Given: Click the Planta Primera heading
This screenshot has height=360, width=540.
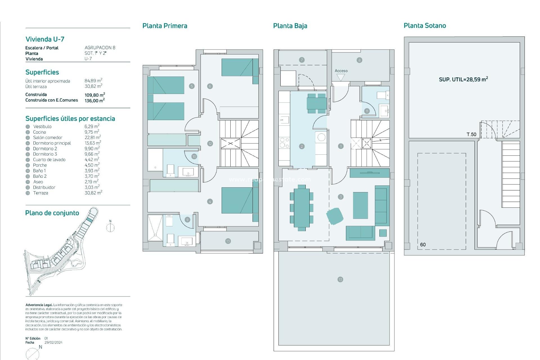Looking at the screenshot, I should [165, 26].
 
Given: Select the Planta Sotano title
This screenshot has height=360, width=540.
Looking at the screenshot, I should [425, 26].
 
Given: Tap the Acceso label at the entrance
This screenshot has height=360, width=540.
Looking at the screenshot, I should [341, 71].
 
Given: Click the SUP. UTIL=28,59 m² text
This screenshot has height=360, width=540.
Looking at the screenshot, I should [463, 79].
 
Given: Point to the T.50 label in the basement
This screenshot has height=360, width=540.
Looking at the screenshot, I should [471, 134].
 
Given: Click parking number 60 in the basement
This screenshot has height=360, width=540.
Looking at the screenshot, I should [423, 245].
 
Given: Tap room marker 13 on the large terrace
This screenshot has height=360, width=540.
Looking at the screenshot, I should [340, 279].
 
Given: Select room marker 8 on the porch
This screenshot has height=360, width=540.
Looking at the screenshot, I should [359, 60].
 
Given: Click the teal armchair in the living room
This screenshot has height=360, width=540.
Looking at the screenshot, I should [335, 216].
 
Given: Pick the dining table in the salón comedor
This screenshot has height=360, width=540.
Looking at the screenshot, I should [301, 208].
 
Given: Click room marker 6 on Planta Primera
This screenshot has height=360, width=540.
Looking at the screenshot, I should [210, 86].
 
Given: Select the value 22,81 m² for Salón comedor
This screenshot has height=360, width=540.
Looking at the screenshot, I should [93, 138].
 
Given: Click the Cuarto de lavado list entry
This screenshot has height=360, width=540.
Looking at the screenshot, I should [49, 160].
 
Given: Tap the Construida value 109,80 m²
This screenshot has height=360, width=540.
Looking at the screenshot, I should [94, 95].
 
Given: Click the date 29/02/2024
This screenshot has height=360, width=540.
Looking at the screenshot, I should [53, 343].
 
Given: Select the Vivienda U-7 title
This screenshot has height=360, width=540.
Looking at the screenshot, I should [45, 39].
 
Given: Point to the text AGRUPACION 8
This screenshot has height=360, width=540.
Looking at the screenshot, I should [100, 48].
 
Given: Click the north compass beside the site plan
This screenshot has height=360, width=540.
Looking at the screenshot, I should [110, 227].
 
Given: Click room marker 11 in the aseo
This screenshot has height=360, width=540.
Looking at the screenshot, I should [367, 111].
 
